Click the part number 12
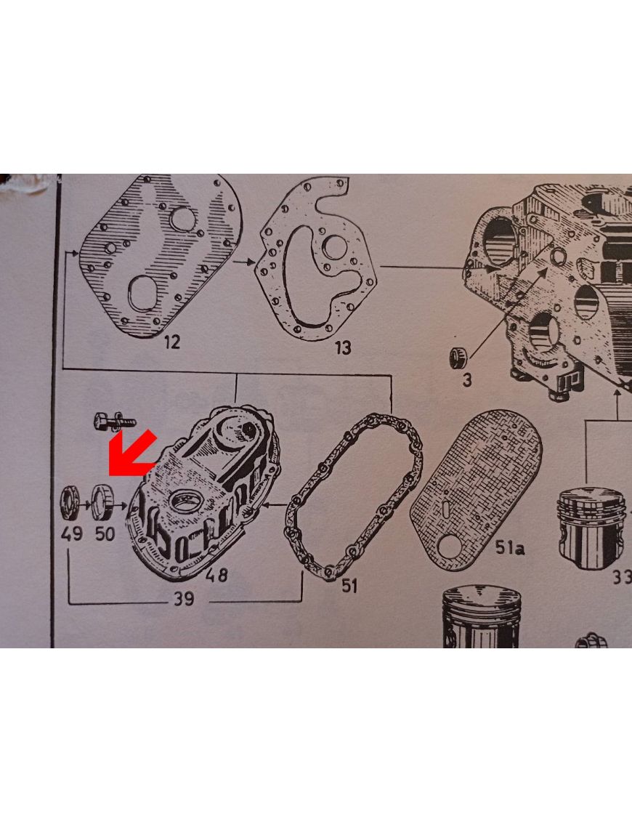172,342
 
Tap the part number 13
344,347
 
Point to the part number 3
467,379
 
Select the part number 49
72,533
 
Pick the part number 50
105,533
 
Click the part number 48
216,575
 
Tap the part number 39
183,599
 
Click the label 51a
509,548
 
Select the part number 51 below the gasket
349,586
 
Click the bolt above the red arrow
115,422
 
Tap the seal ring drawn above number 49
70,503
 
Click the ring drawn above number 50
102,503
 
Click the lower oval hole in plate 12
143,292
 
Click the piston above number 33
591,527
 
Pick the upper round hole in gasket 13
334,247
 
